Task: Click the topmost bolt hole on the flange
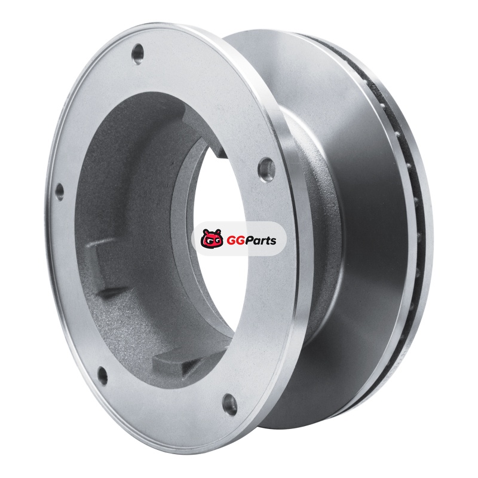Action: [137, 54]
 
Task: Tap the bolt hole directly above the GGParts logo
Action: [266, 168]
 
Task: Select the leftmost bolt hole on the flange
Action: [59, 191]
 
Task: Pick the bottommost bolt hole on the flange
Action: [230, 405]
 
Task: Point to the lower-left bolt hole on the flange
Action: [103, 376]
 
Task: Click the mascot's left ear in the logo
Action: [206, 232]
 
